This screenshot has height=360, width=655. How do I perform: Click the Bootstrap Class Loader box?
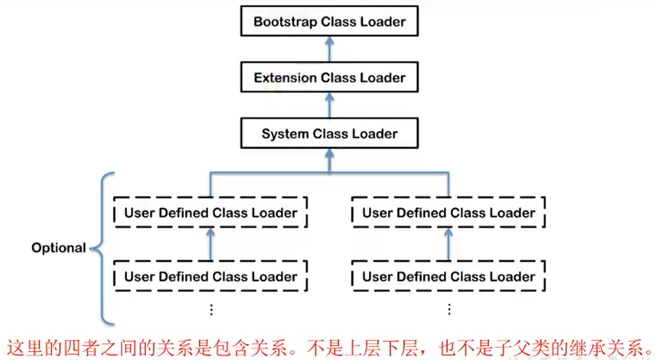[x=329, y=22]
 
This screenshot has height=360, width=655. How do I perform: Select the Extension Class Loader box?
[x=329, y=78]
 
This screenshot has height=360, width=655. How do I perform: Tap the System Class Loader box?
[x=329, y=134]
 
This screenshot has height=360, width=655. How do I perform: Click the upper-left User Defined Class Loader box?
[x=210, y=213]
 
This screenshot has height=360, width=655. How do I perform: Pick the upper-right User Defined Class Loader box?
[x=448, y=213]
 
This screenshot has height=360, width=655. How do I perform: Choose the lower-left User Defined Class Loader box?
[x=210, y=277]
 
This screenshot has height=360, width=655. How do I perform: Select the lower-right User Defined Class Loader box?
[x=448, y=277]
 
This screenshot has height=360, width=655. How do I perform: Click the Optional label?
[x=58, y=248]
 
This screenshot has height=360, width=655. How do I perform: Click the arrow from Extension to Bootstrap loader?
[x=329, y=50]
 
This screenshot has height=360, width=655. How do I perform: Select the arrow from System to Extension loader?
[x=329, y=105]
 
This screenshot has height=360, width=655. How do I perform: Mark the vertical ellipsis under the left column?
[x=211, y=309]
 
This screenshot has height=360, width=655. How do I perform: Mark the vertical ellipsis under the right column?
[x=449, y=309]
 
